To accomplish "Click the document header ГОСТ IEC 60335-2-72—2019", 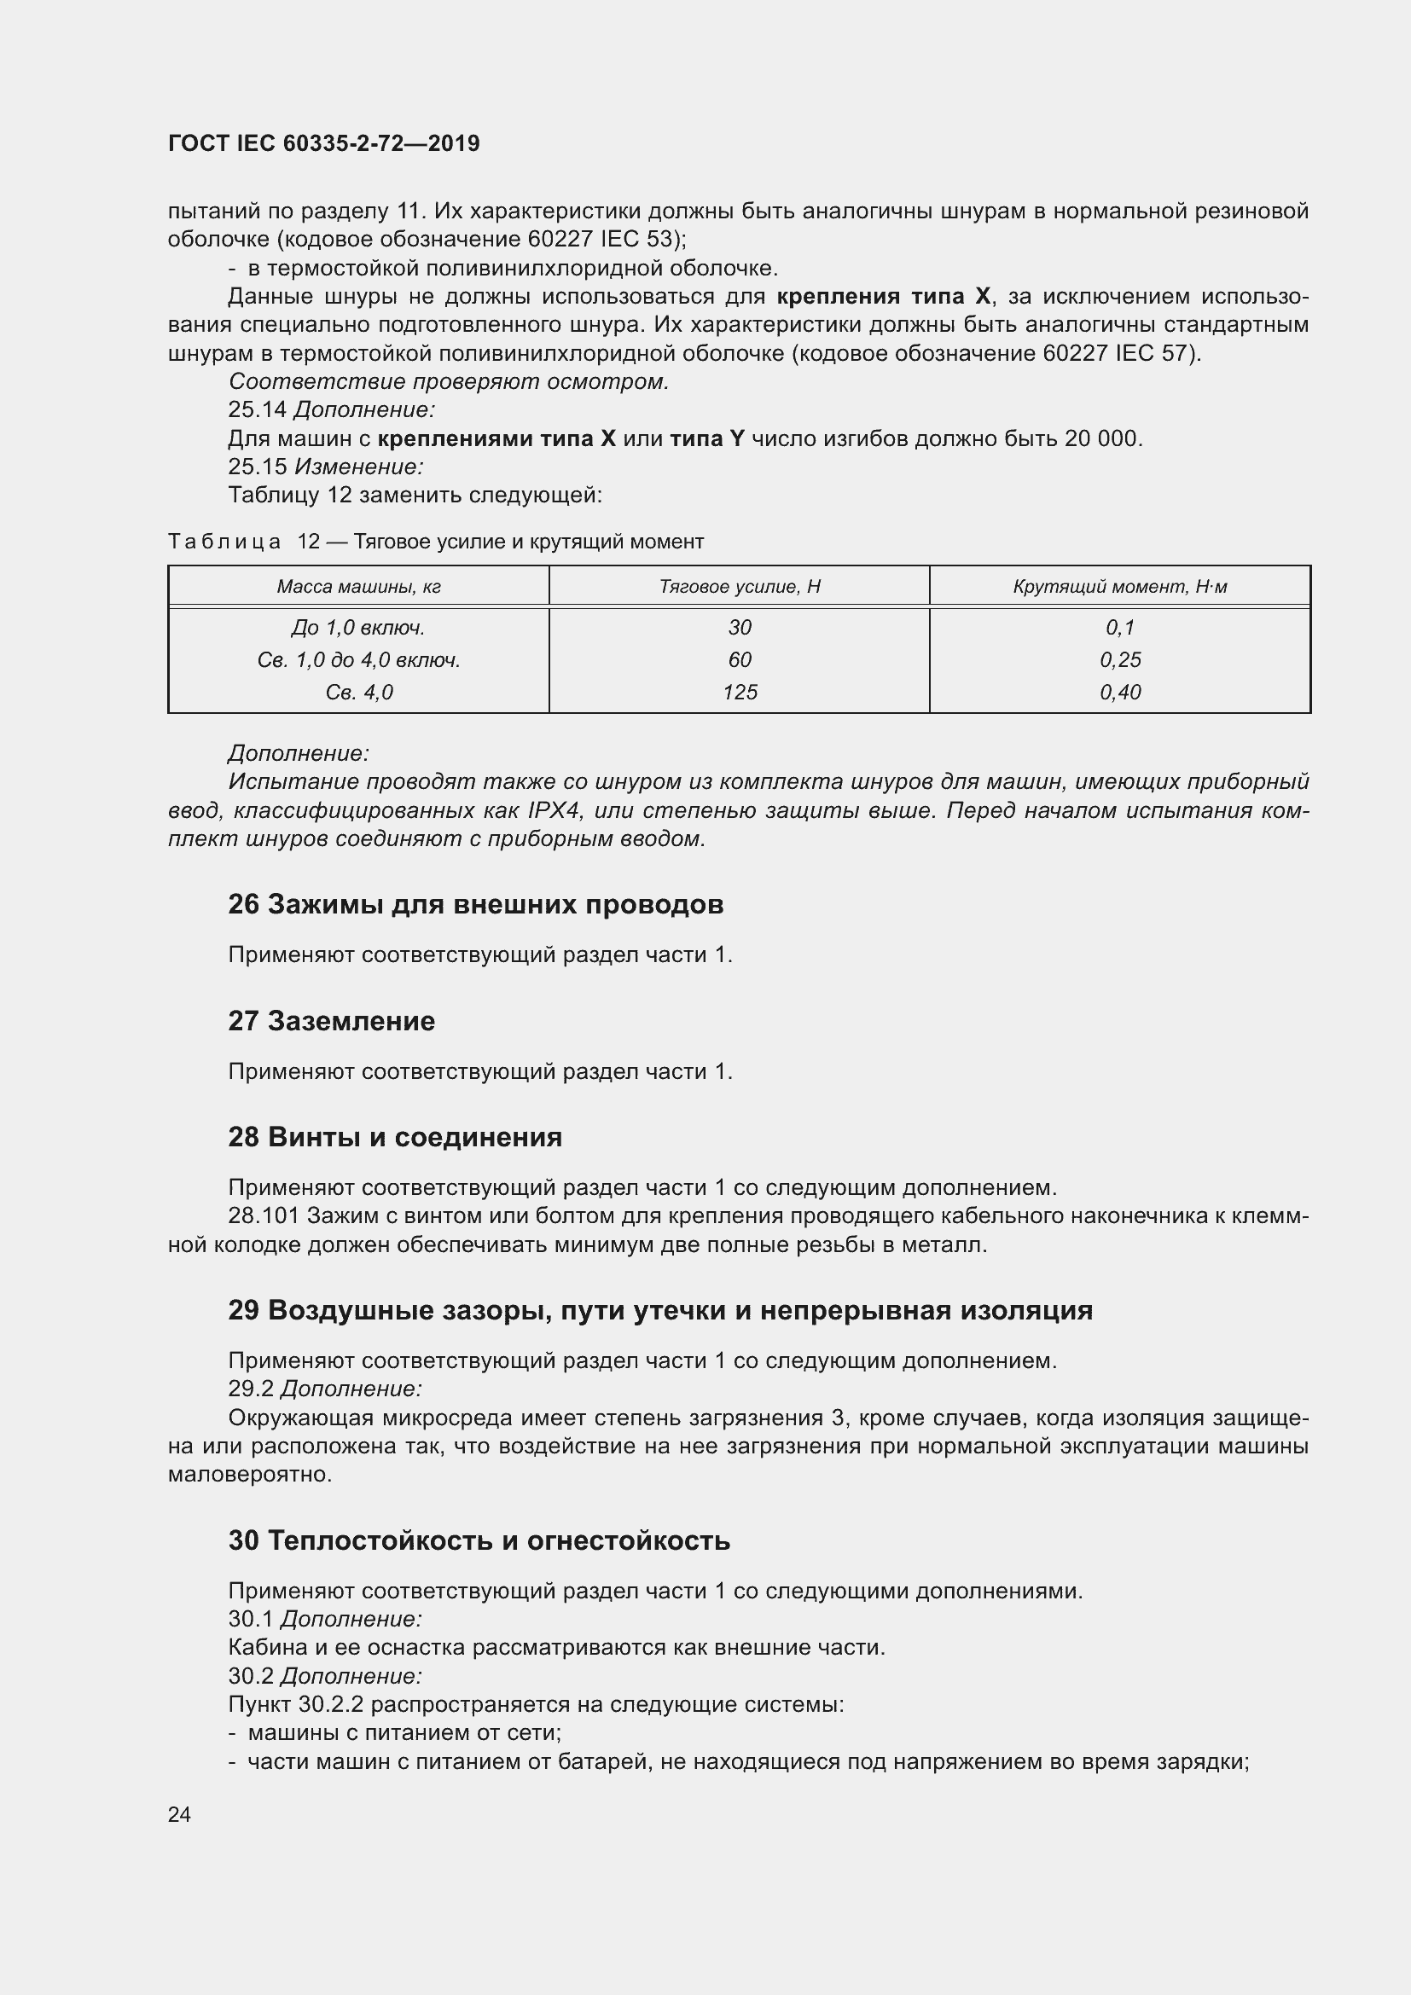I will pyautogui.click(x=323, y=143).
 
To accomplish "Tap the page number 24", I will pyautogui.click(x=179, y=1814).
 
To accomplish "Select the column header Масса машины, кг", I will pyautogui.click(x=358, y=587).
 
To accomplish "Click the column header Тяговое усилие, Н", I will pyautogui.click(x=740, y=587).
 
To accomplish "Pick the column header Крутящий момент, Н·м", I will pyautogui.click(x=1120, y=587).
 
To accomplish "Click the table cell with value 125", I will pyautogui.click(x=740, y=693).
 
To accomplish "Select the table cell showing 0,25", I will pyautogui.click(x=1120, y=660).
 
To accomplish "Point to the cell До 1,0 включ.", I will pyautogui.click(x=358, y=628).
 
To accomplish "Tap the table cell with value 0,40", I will pyautogui.click(x=1120, y=693).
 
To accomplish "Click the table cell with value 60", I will pyautogui.click(x=740, y=660).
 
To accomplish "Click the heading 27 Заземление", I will pyautogui.click(x=331, y=1021).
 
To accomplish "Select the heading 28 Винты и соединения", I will pyautogui.click(x=394, y=1138).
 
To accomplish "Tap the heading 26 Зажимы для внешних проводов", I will pyautogui.click(x=475, y=904).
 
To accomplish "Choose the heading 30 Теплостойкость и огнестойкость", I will pyautogui.click(x=479, y=1540).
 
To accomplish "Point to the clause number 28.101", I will pyautogui.click(x=264, y=1215).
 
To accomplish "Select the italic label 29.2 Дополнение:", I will pyautogui.click(x=325, y=1389).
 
